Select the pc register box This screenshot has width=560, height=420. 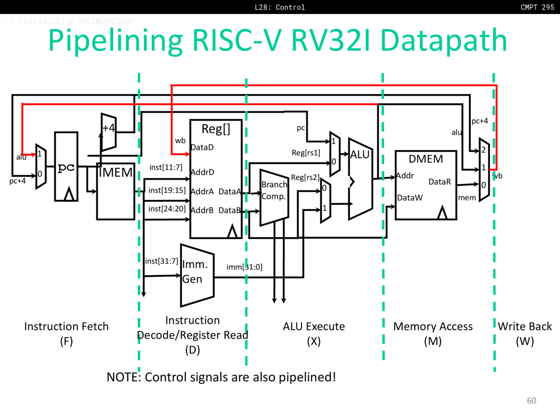click(x=66, y=167)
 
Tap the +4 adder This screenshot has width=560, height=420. click(x=108, y=131)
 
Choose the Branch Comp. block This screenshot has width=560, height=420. click(x=274, y=197)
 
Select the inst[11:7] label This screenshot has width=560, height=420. click(x=166, y=167)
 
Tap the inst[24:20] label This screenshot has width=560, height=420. click(x=167, y=209)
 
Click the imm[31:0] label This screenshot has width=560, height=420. click(x=244, y=267)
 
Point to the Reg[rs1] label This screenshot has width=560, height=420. click(x=306, y=153)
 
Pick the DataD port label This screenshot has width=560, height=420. click(x=202, y=147)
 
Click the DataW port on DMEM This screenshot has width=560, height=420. click(x=410, y=198)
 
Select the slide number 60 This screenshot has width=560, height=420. click(x=532, y=401)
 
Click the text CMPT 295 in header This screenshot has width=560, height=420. click(x=537, y=7)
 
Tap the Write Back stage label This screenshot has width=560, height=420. click(x=525, y=326)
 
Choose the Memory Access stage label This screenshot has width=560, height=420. click(x=433, y=326)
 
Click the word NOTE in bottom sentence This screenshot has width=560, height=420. click(x=123, y=377)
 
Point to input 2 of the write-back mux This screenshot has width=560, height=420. click(x=483, y=150)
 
